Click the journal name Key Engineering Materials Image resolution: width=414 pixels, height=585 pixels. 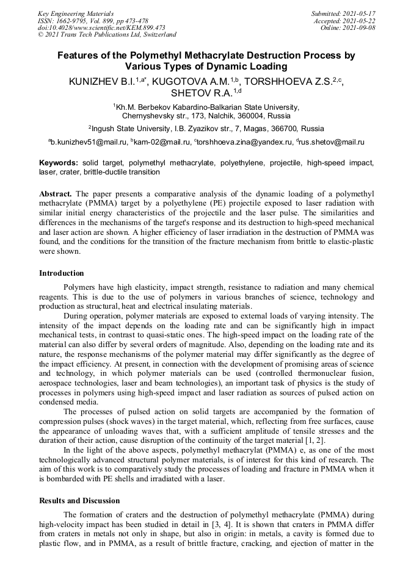[75, 13]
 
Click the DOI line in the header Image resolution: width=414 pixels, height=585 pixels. [101, 27]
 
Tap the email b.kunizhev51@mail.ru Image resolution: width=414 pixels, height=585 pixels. [87, 142]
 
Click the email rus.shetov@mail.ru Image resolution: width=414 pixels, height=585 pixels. [332, 142]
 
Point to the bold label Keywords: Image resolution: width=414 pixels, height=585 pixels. [59, 163]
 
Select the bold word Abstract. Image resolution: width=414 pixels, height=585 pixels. [56, 193]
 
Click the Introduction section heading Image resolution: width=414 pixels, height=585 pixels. [62, 273]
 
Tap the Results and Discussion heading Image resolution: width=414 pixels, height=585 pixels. [79, 500]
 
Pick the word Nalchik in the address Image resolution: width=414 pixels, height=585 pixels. [233, 115]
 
